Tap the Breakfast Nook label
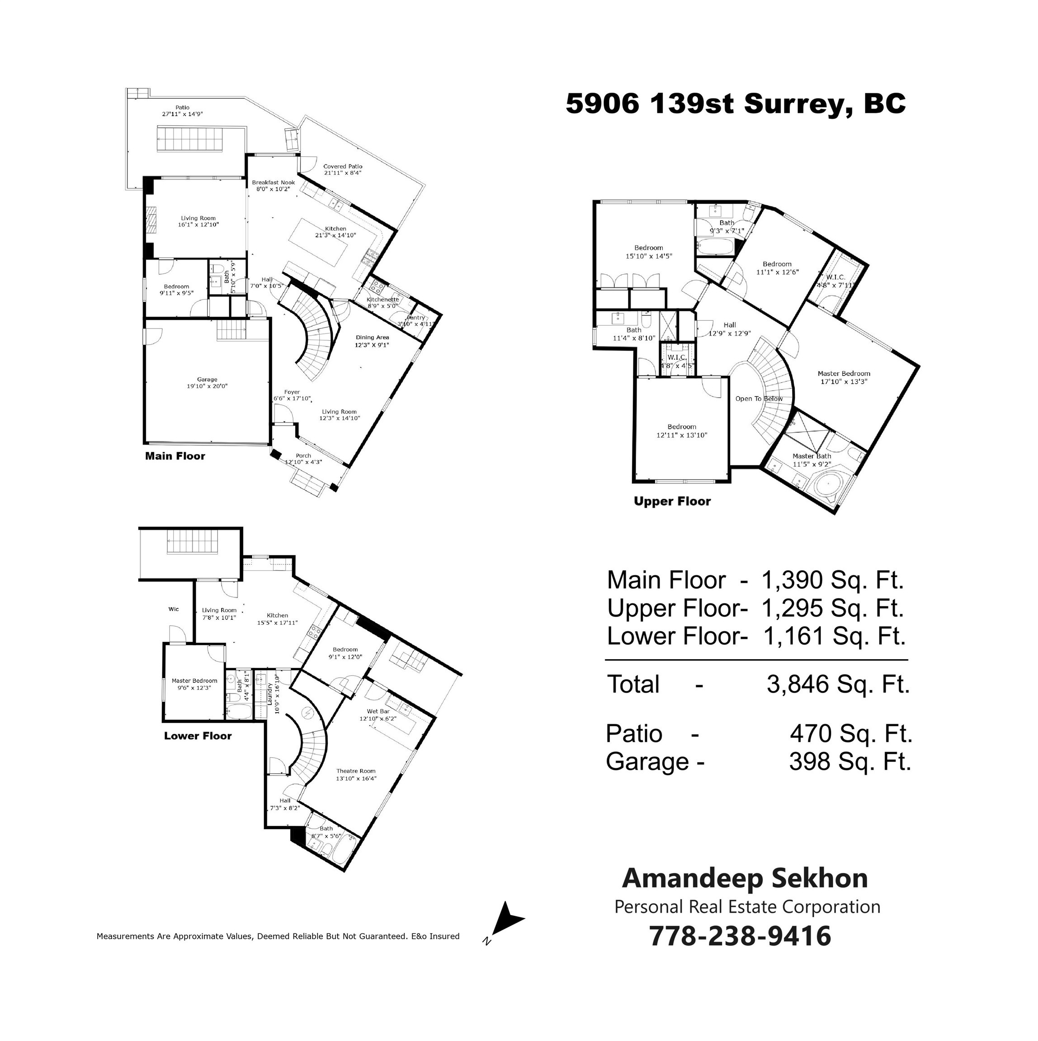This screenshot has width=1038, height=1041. coord(274,183)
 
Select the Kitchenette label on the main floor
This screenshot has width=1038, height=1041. coord(383,300)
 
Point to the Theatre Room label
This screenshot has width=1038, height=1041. coord(356,771)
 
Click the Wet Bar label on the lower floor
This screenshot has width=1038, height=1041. coord(378,711)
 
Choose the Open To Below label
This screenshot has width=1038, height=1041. coord(759,399)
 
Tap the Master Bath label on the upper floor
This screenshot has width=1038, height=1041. coord(812,456)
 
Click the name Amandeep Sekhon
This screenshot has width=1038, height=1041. coord(745,879)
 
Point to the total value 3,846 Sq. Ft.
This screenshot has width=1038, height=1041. coord(838,685)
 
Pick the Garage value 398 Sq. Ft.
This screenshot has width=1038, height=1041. coord(850,762)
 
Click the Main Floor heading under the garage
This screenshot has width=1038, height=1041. coord(175,456)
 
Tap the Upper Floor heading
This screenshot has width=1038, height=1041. coord(672,502)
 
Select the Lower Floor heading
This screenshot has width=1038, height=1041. coord(198,736)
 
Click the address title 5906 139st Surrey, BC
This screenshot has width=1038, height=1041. coord(736,104)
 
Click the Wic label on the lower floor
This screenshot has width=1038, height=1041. coord(174,609)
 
